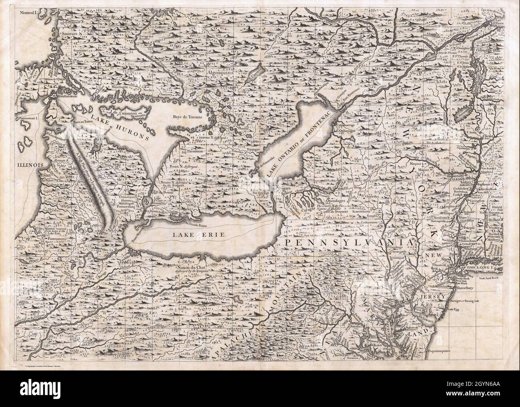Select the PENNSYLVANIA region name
346,243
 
